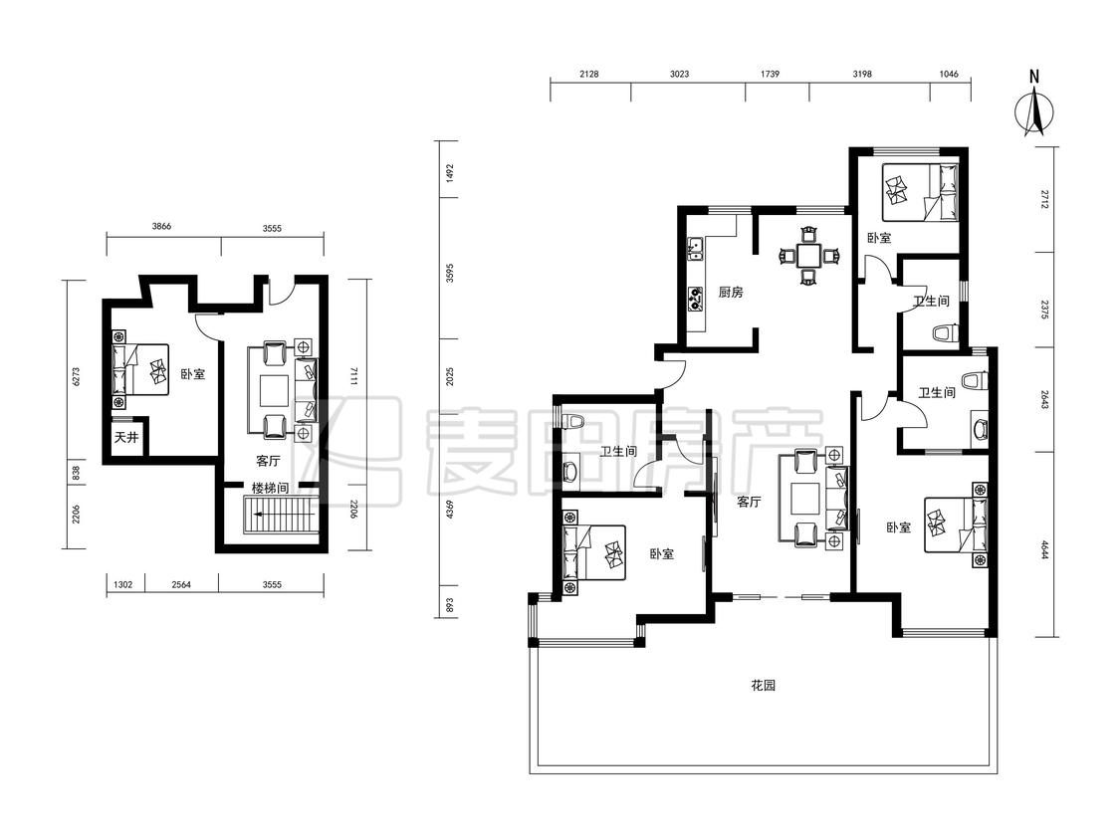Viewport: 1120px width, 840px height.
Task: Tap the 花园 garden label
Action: point(763,686)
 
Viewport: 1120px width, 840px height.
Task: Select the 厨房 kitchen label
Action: point(731,293)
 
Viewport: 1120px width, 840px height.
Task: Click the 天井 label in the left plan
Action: point(126,437)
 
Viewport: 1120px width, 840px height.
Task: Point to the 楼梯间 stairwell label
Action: point(270,489)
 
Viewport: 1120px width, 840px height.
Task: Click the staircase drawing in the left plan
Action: point(280,516)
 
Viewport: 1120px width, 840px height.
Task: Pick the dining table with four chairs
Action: point(808,256)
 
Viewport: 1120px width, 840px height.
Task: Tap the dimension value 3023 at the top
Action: point(679,74)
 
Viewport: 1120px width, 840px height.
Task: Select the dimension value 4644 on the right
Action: point(1044,550)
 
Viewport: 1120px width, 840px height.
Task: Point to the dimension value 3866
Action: point(161,227)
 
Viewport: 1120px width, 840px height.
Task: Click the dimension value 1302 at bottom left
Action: point(123,584)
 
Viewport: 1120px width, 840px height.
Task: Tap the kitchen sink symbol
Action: point(695,248)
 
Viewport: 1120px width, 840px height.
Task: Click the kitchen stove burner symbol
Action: point(695,299)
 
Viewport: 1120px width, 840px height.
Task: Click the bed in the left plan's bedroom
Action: point(140,369)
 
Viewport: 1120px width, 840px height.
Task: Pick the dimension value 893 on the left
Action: point(449,606)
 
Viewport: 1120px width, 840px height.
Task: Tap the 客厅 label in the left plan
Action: point(268,461)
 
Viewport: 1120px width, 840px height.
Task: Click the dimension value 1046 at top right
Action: point(949,74)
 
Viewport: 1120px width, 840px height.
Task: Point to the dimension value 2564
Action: point(181,584)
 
